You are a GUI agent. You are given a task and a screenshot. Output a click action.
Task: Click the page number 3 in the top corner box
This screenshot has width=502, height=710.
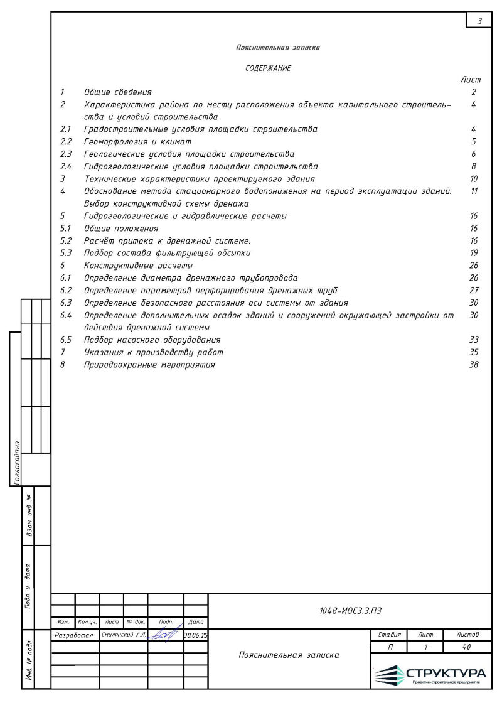pyautogui.click(x=479, y=21)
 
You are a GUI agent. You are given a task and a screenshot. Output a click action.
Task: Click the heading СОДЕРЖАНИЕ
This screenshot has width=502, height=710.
pyautogui.click(x=268, y=68)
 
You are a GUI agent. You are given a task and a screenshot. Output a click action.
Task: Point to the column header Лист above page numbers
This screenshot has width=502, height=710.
pyautogui.click(x=471, y=80)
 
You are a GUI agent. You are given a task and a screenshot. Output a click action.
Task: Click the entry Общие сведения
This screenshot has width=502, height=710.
pyautogui.click(x=118, y=92)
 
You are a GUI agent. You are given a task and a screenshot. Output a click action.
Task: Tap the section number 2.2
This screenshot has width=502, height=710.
pyautogui.click(x=67, y=142)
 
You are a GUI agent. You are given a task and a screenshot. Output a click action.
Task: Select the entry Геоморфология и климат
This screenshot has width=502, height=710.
pyautogui.click(x=137, y=142)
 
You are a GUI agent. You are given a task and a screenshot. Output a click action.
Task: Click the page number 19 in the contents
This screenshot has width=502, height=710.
pyautogui.click(x=474, y=253)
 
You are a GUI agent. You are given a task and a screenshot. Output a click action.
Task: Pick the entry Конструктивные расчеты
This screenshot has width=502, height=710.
pyautogui.click(x=139, y=266)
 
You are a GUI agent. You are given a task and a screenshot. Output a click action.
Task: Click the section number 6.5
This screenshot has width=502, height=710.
pyautogui.click(x=67, y=340)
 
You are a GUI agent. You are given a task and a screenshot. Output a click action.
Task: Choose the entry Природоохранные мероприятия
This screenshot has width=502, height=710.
pyautogui.click(x=149, y=365)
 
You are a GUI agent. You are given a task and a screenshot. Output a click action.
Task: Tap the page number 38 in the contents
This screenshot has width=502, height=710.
pyautogui.click(x=474, y=365)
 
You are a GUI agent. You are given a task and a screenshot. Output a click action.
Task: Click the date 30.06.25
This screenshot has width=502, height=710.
pyautogui.click(x=196, y=635)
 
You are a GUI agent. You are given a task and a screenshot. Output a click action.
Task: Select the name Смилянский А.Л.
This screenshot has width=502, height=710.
pyautogui.click(x=124, y=635)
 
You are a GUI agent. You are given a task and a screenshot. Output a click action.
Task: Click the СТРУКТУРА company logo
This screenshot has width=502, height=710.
pyautogui.click(x=430, y=674)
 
